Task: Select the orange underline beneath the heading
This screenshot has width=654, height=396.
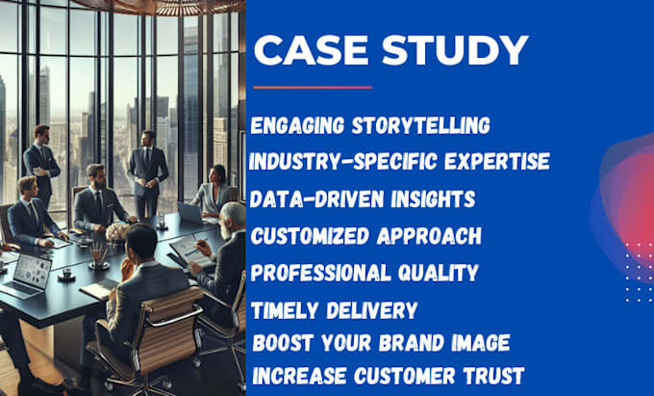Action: coord(312,88)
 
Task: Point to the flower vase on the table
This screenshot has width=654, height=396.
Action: coord(116,231)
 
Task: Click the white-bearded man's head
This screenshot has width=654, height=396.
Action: coord(231,219)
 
